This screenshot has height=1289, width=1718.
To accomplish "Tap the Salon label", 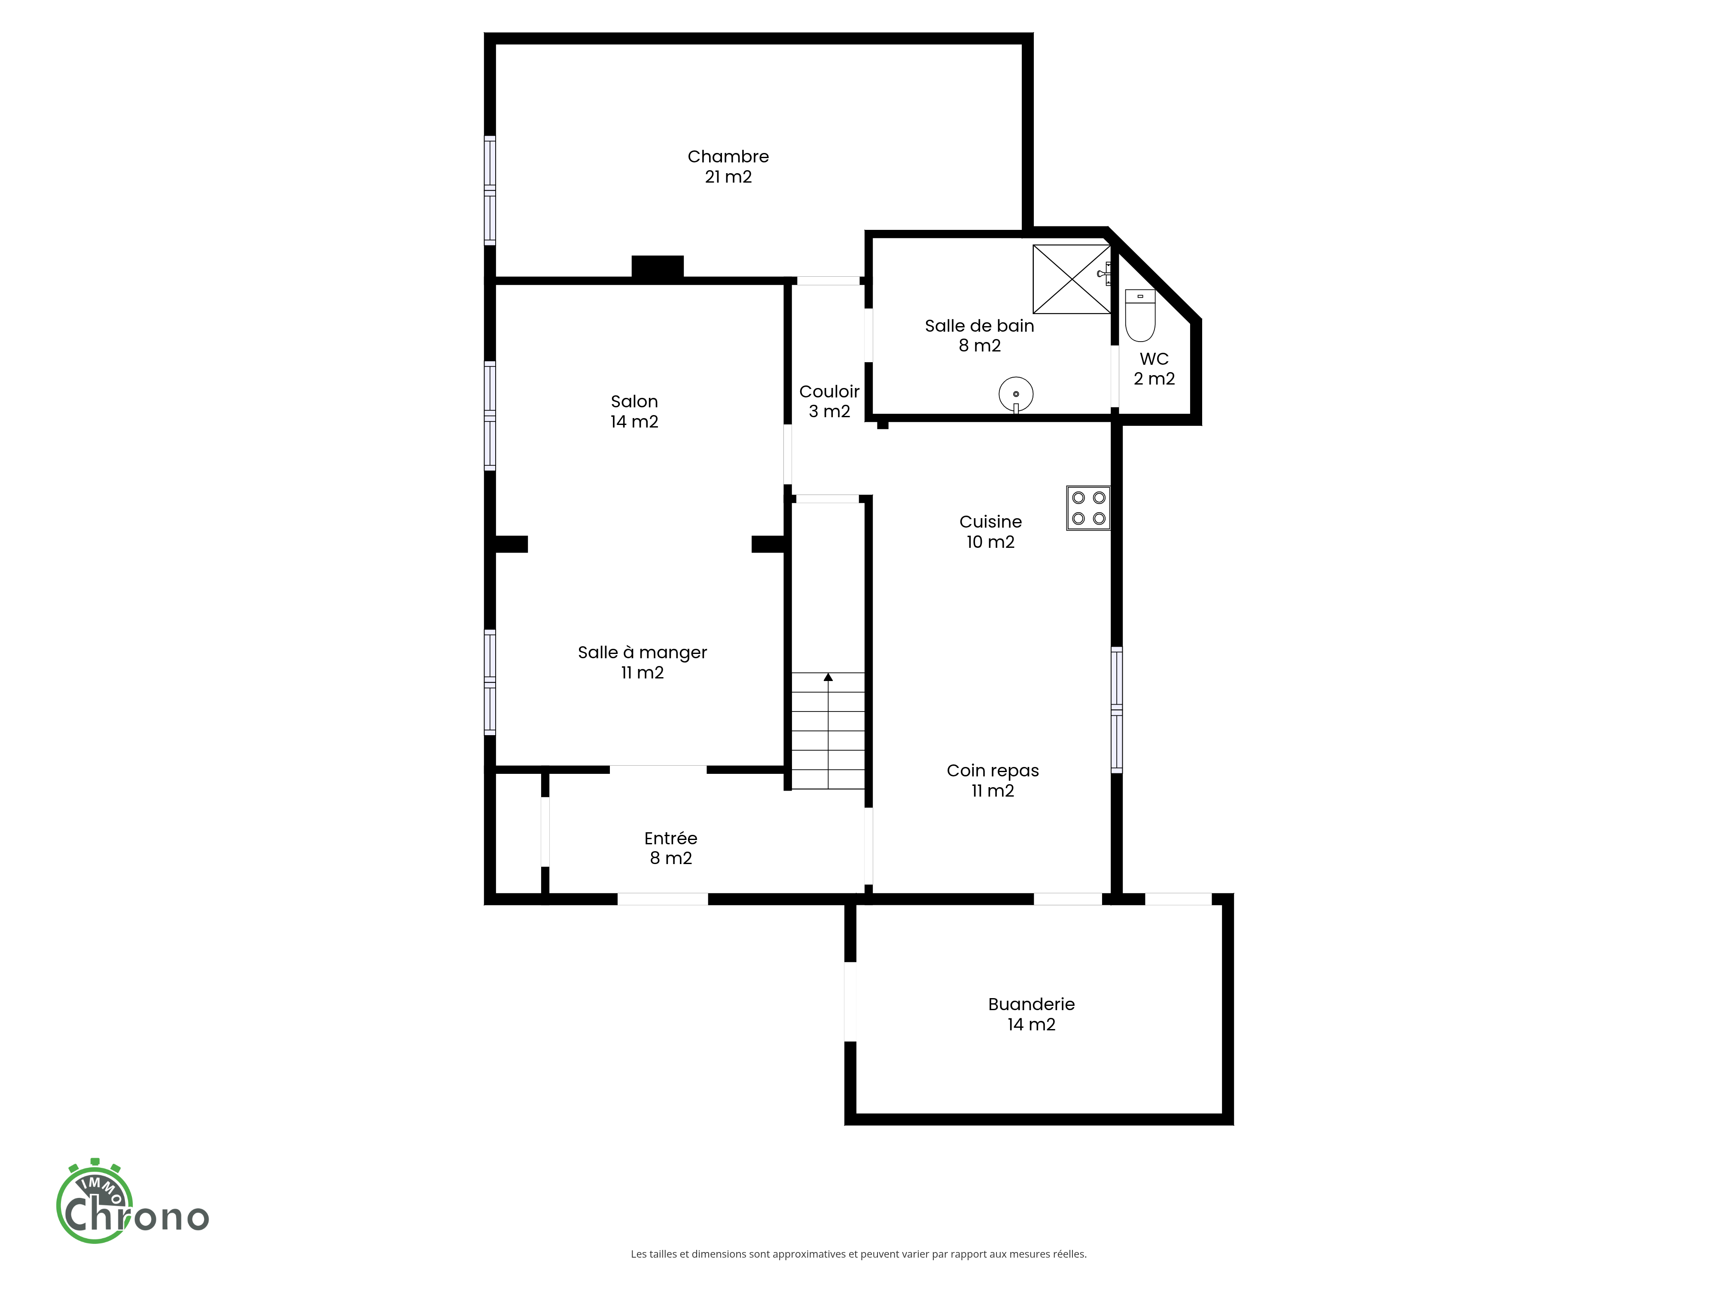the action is point(634,411).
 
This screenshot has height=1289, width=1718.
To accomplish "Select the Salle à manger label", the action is point(642,662).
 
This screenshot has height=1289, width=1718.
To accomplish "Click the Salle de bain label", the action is point(979,336).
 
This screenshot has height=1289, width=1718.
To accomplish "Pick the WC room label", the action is point(1154,368).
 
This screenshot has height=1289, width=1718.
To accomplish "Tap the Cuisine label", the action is point(990,531).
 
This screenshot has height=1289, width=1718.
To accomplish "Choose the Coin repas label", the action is point(993,780).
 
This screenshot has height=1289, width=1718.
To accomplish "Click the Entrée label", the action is point(670,848).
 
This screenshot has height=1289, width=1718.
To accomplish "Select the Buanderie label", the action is point(1031,1014).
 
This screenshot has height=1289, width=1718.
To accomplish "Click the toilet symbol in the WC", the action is point(1140,315).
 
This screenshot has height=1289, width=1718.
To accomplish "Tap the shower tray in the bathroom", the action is point(1072,279).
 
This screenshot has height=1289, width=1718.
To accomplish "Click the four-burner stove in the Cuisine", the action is point(1088,508).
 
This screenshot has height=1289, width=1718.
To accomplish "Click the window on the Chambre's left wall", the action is point(489,190).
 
